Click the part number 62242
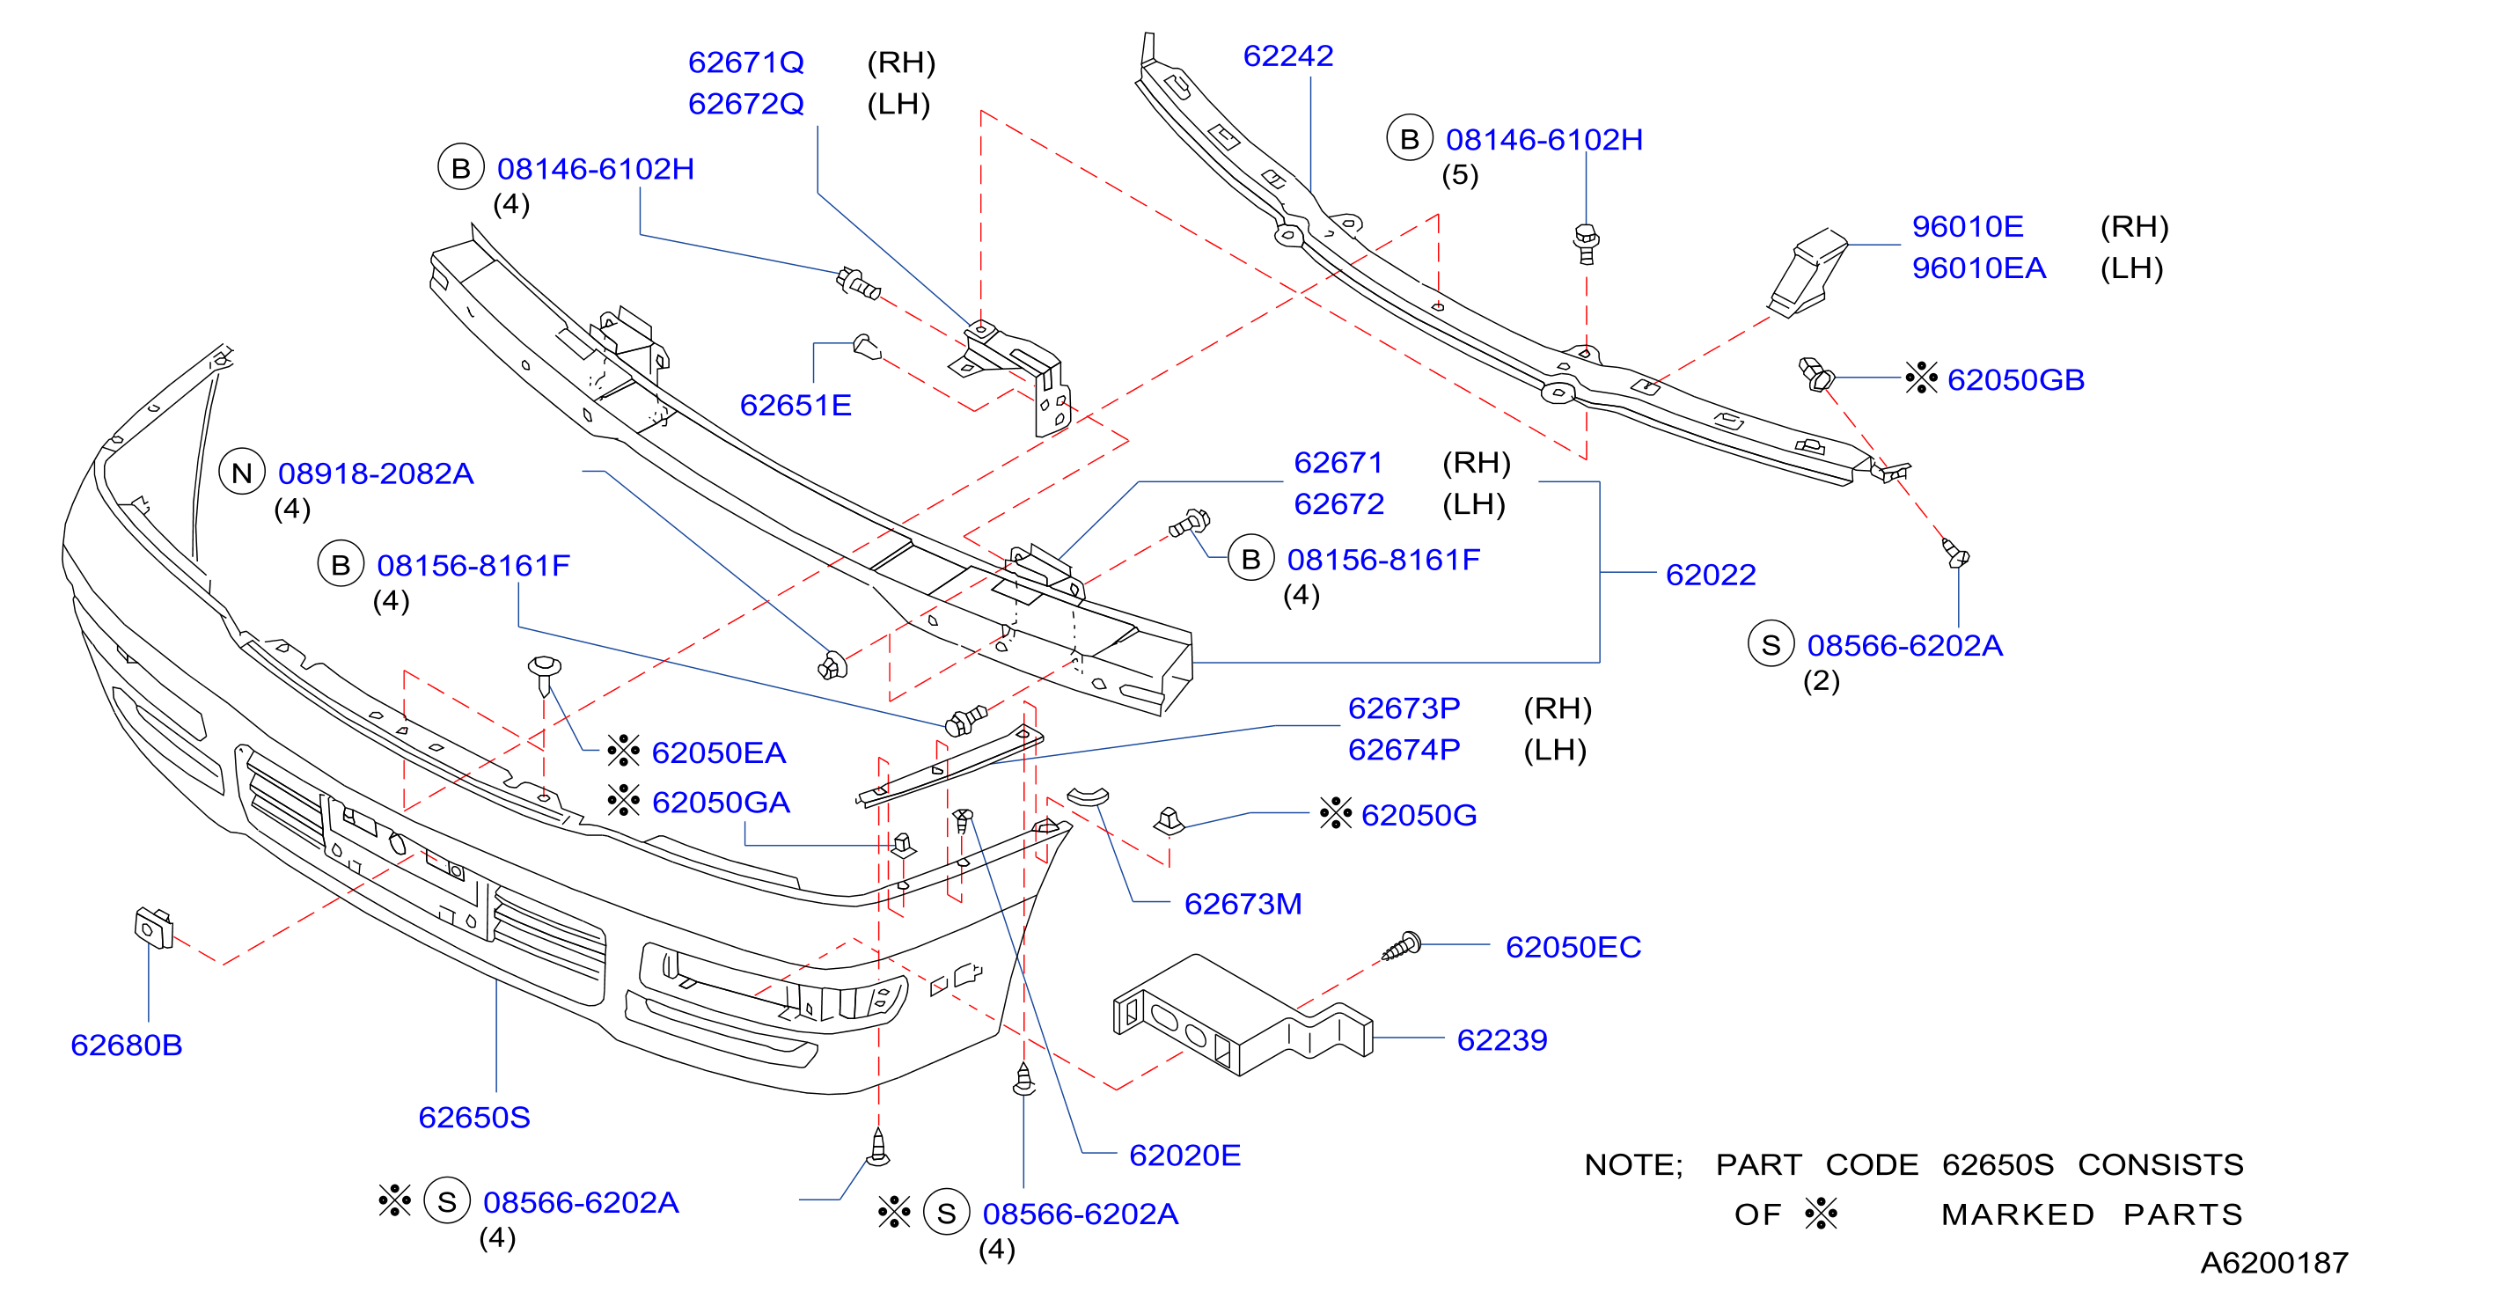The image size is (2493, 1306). pyautogui.click(x=1288, y=56)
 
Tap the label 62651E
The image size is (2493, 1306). pyautogui.click(x=796, y=406)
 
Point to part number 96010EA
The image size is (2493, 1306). pyautogui.click(x=1979, y=268)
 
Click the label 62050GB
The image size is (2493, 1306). pyautogui.click(x=2016, y=379)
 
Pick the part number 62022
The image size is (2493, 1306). pyautogui.click(x=1710, y=575)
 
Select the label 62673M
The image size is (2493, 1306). pyautogui.click(x=1243, y=904)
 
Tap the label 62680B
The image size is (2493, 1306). pyautogui.click(x=127, y=1046)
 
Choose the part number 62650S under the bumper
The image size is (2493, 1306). pyautogui.click(x=474, y=1119)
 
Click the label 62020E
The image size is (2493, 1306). pyautogui.click(x=1184, y=1156)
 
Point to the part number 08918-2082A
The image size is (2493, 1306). pyautogui.click(x=376, y=473)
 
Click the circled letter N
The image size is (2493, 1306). pyautogui.click(x=242, y=473)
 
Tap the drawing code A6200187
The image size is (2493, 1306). pyautogui.click(x=2274, y=1264)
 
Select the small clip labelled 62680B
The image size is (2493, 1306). pyautogui.click(x=154, y=928)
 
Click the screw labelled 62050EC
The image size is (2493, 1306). pyautogui.click(x=1403, y=946)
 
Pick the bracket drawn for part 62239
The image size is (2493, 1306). pyautogui.click(x=1243, y=1016)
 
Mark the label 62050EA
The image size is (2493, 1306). pyautogui.click(x=718, y=753)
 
